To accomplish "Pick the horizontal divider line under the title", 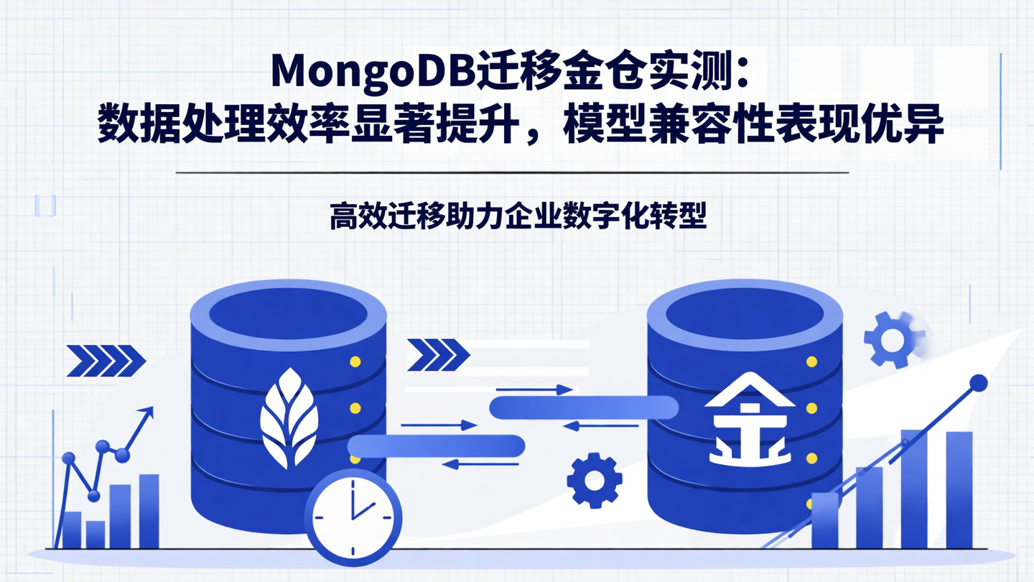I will (511, 173).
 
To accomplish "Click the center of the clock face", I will (353, 517).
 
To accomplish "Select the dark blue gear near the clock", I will (594, 480).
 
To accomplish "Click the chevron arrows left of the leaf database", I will (106, 359).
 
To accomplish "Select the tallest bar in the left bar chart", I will (149, 510).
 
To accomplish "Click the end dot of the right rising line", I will (978, 383).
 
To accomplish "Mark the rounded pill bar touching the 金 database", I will (583, 408).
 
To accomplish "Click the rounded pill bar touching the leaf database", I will (437, 446).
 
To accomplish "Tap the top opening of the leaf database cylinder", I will (288, 310).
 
